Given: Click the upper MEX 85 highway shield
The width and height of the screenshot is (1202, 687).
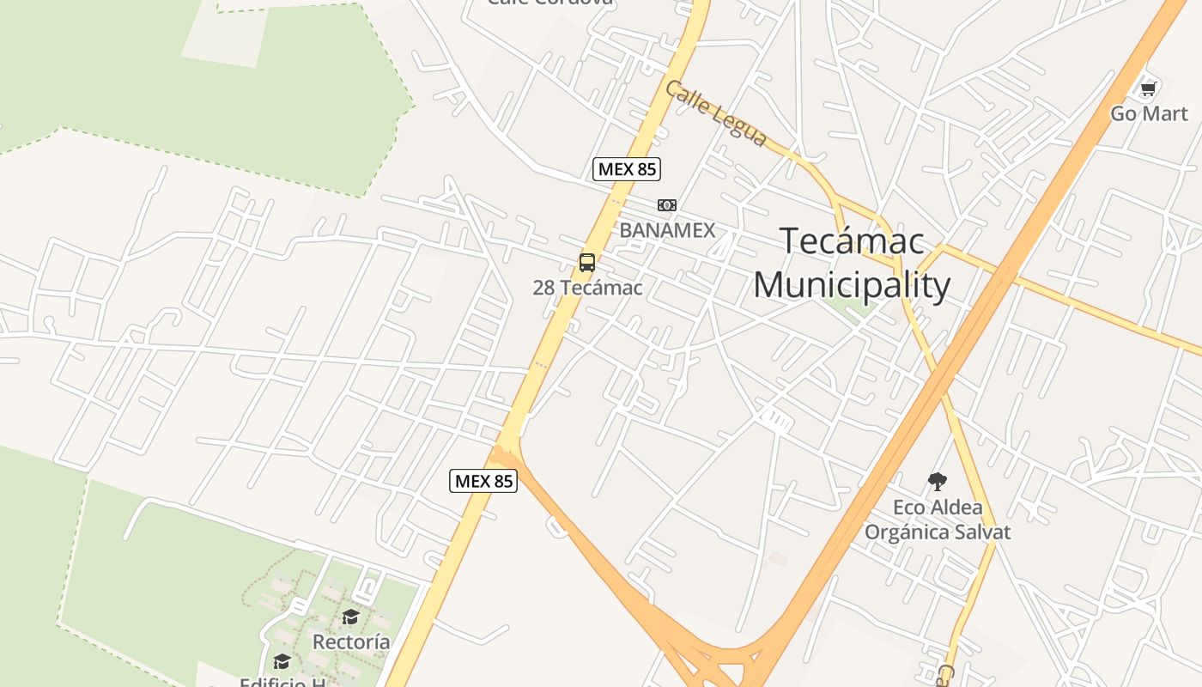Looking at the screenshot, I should [627, 169].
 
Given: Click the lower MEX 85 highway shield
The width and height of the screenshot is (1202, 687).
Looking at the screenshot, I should [483, 481].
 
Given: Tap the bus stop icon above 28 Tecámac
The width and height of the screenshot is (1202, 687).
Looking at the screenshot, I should [587, 263].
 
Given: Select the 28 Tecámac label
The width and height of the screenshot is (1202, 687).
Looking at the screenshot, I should [587, 288].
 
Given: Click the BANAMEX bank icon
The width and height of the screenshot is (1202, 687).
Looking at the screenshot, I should [667, 205].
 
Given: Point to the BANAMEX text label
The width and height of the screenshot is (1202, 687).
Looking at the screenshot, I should [667, 230].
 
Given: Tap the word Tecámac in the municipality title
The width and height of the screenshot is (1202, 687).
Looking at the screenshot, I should [852, 241].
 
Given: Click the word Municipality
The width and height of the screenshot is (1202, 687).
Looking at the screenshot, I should [852, 285].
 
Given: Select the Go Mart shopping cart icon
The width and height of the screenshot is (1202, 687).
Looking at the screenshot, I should [1148, 88].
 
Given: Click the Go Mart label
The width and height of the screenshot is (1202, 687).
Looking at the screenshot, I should [1149, 113].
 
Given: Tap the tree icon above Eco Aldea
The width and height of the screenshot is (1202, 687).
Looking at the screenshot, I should [938, 482].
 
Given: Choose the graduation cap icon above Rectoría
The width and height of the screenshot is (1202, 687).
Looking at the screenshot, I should [350, 617].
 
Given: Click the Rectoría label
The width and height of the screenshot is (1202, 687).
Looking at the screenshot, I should [351, 641].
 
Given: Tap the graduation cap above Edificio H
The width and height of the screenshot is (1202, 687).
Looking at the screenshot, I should [282, 660].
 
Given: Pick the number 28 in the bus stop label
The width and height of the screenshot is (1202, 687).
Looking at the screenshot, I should [543, 288].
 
